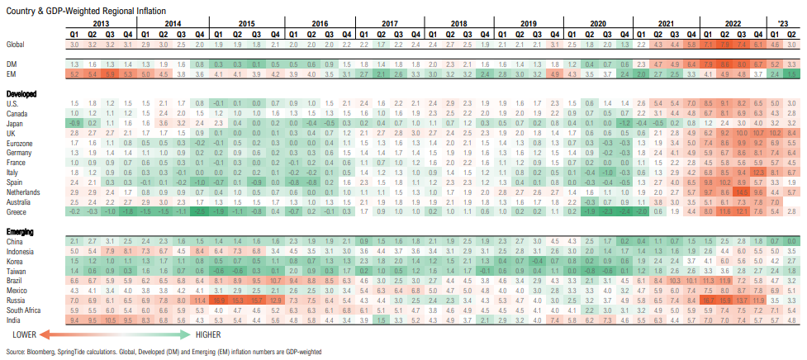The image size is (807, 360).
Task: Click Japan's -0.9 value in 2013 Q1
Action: tap(75, 122)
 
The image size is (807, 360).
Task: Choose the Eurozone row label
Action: tap(20, 141)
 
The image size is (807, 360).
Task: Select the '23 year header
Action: tap(782, 25)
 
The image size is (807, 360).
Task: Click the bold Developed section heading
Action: tap(22, 95)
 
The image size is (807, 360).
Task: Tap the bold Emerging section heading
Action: tap(21, 230)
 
